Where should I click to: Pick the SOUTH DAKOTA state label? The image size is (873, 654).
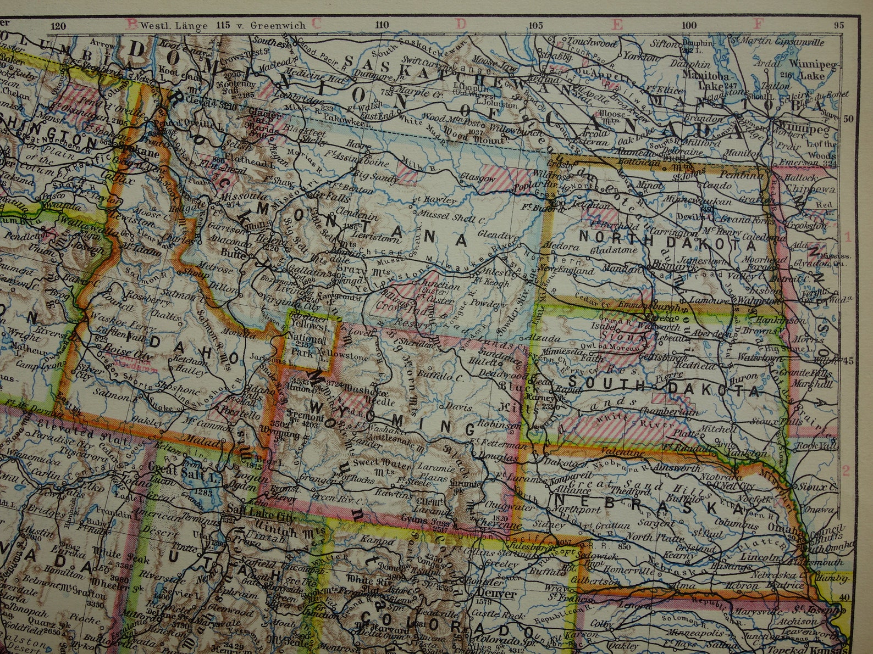[x=663, y=384]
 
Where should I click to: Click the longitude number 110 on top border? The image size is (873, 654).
[x=381, y=25]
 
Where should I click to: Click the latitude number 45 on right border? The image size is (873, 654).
[x=847, y=361]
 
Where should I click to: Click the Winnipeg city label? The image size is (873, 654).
[x=807, y=128]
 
